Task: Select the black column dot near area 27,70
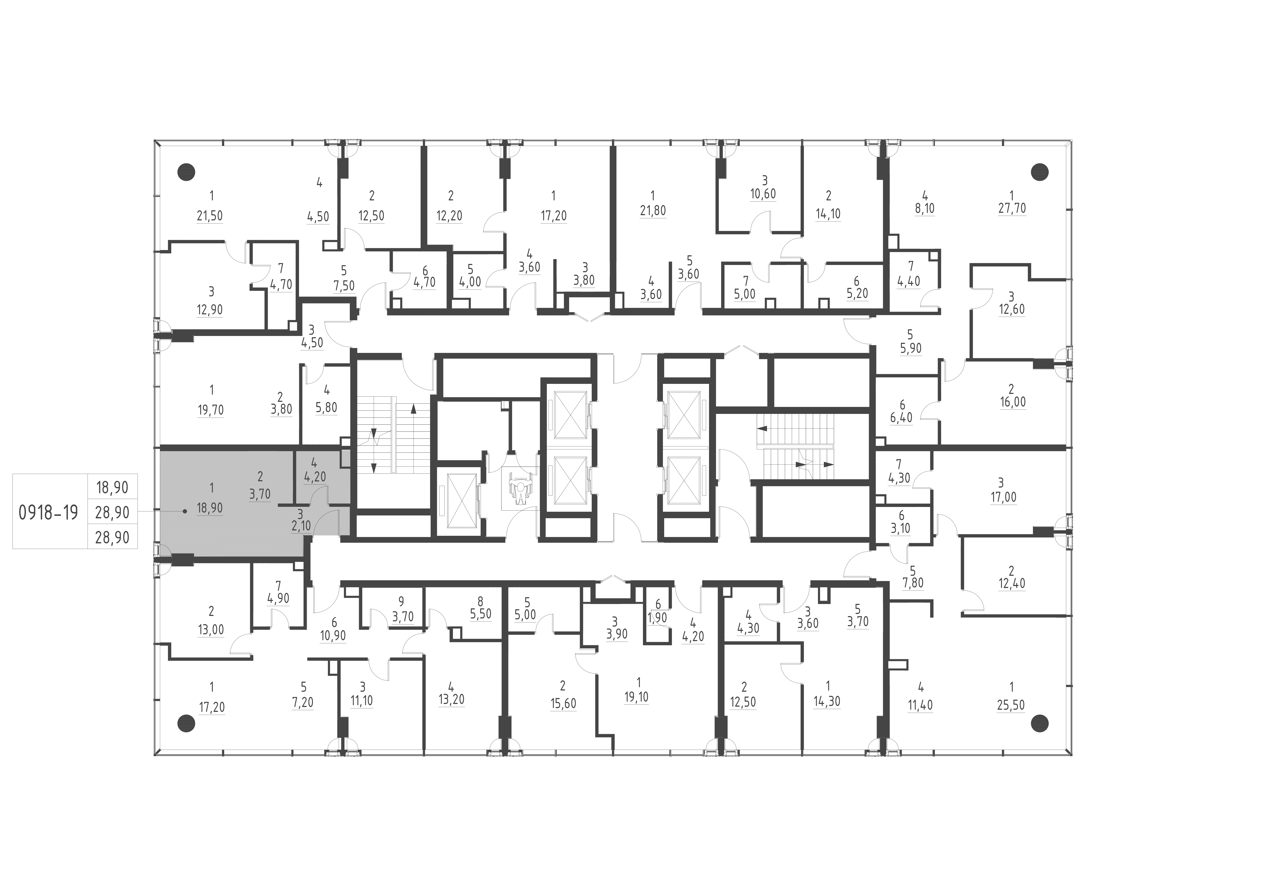pos(1039,172)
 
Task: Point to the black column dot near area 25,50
pos(1039,721)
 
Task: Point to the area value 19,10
pos(636,697)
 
